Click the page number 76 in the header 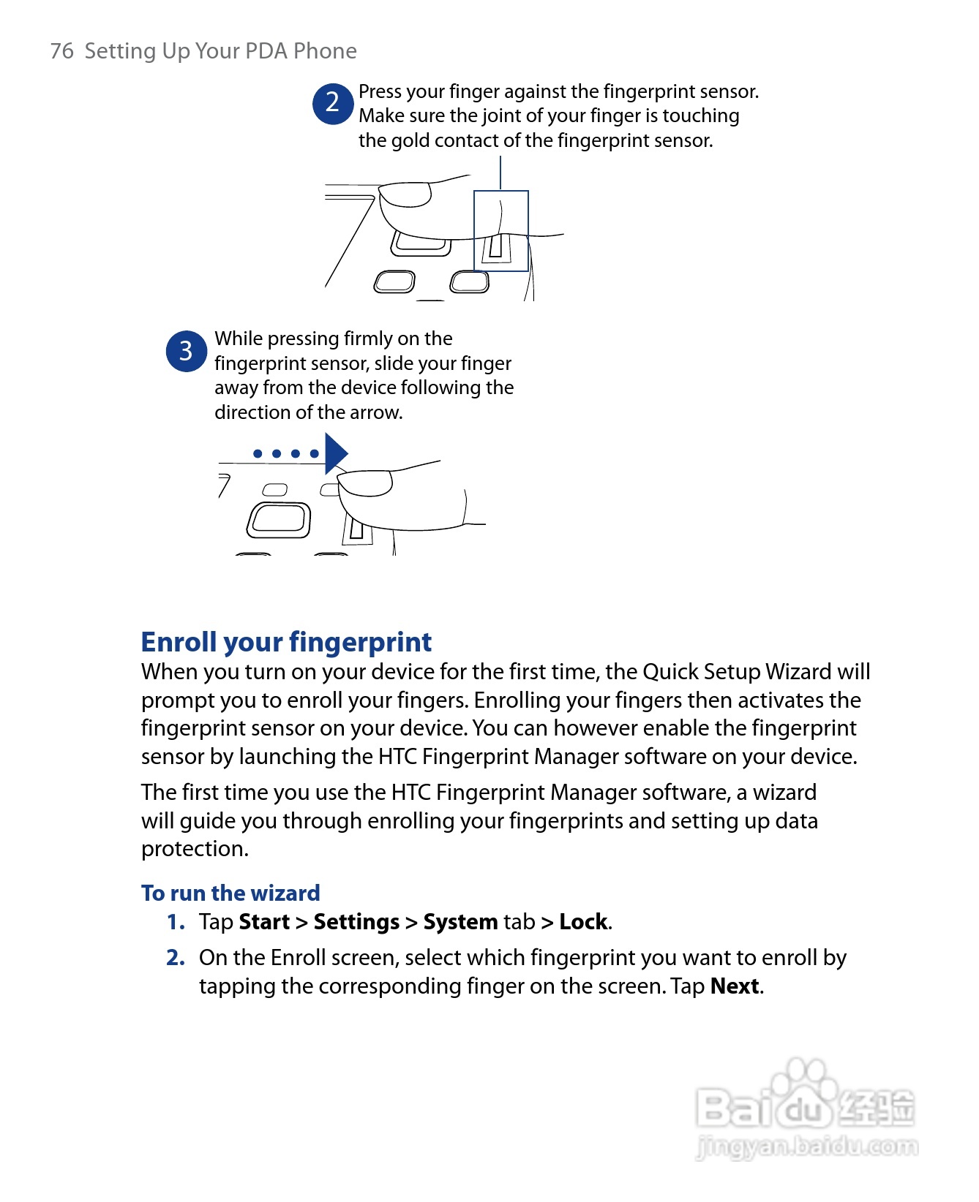(x=62, y=51)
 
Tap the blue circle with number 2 (x=333, y=103)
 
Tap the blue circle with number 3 (x=186, y=351)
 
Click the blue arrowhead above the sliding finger (x=335, y=453)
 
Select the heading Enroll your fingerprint (x=286, y=642)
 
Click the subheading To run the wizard (x=230, y=893)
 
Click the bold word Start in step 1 (x=264, y=922)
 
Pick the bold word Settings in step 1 (x=356, y=922)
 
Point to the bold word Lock (x=583, y=922)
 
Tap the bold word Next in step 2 (x=735, y=986)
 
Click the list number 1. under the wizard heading (x=176, y=922)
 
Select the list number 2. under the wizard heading (x=176, y=958)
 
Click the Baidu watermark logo (x=805, y=1104)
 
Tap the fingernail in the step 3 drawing (x=366, y=483)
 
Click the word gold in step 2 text (x=410, y=140)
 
